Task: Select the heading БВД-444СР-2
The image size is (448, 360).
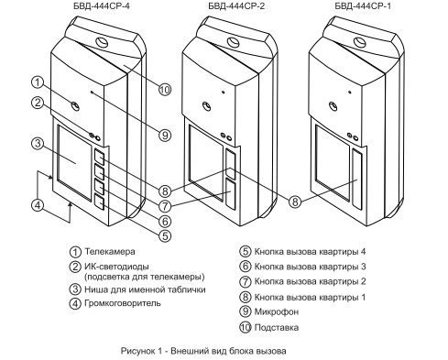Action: click(x=236, y=6)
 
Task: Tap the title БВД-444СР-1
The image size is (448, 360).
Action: click(x=363, y=6)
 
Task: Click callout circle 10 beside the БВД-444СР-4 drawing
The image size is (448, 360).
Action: click(x=165, y=90)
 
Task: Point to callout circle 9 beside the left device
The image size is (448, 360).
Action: click(x=165, y=135)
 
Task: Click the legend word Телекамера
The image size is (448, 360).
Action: click(x=110, y=252)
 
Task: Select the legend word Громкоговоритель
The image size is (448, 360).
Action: click(x=123, y=303)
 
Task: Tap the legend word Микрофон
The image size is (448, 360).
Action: click(x=277, y=311)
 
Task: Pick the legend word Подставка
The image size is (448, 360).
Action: click(x=277, y=328)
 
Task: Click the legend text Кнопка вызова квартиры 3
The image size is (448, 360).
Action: click(x=310, y=267)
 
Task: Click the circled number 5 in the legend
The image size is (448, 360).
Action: click(x=245, y=252)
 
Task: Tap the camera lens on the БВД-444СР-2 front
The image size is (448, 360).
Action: click(x=207, y=106)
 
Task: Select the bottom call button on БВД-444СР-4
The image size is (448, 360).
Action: click(x=99, y=202)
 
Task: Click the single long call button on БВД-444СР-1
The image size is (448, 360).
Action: click(x=357, y=180)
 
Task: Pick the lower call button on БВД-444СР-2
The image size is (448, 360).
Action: click(x=231, y=194)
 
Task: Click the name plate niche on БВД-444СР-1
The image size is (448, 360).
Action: click(x=333, y=163)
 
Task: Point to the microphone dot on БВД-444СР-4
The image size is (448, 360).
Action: click(x=92, y=92)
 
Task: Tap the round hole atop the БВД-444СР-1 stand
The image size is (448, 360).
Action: click(x=360, y=41)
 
